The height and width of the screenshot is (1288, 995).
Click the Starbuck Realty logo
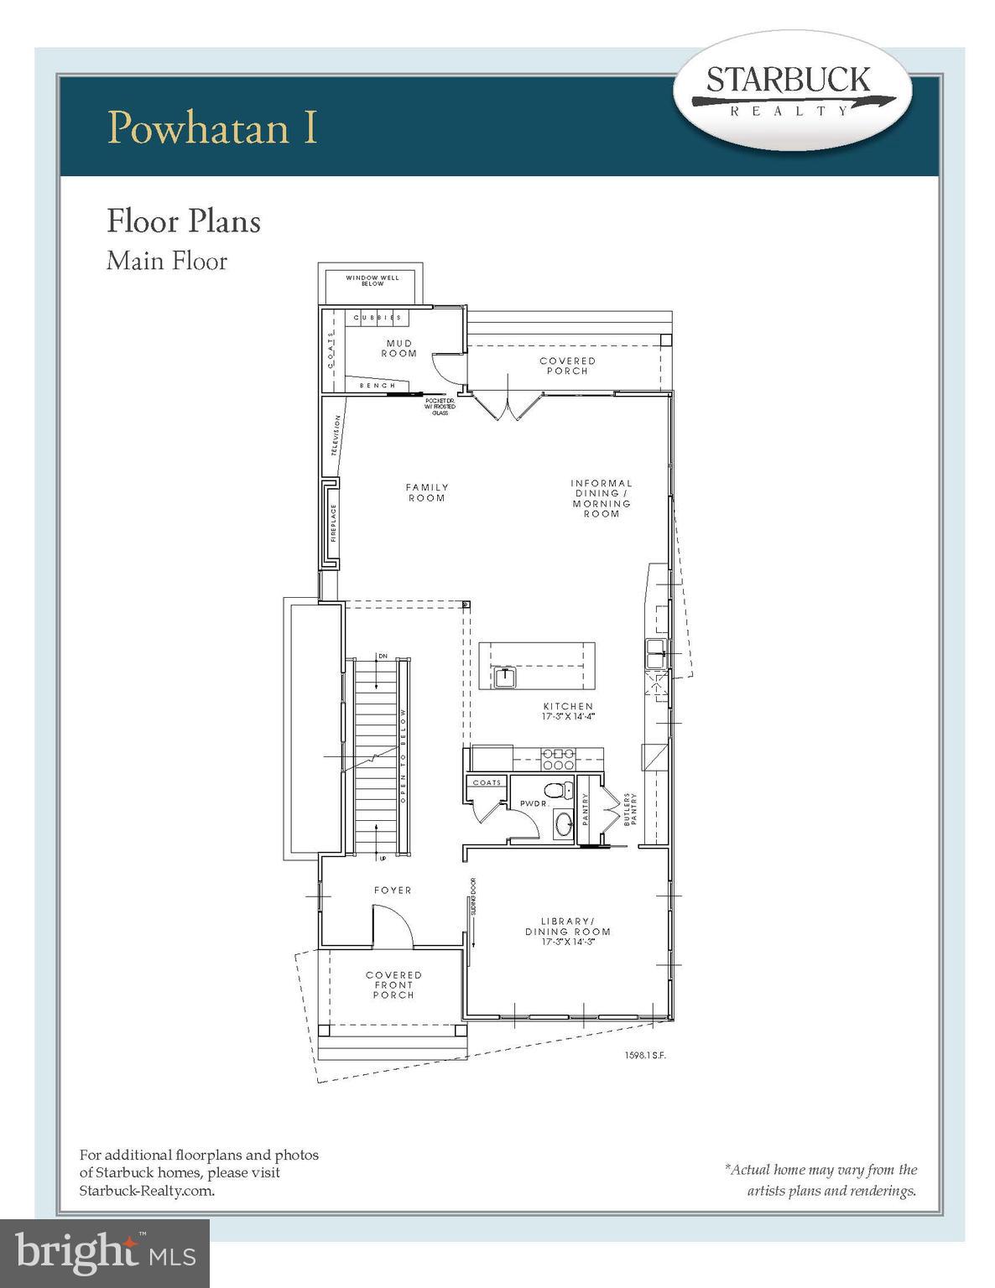793,93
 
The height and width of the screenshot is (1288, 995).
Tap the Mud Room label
399,348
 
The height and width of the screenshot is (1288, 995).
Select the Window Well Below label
372,280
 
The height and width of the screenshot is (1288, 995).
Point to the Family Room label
426,492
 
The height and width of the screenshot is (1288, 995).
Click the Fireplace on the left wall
331,523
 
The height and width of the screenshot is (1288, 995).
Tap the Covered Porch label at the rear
567,366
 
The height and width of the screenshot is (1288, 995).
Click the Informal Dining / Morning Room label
602,498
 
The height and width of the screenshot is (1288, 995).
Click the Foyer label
393,890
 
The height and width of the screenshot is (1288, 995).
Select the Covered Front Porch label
393,984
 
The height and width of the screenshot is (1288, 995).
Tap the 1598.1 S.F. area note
640,1055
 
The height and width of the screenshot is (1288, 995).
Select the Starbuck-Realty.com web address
147,1190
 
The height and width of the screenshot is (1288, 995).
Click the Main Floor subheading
167,261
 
